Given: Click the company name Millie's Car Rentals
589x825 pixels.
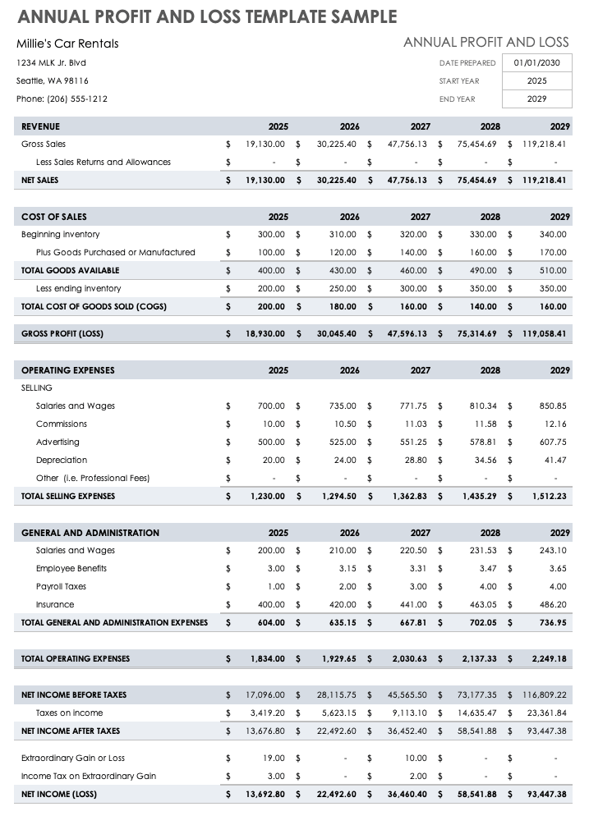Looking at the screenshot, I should pyautogui.click(x=67, y=44).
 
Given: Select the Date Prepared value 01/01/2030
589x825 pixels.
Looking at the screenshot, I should pyautogui.click(x=536, y=62).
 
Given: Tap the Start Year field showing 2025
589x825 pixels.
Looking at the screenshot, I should pyautogui.click(x=536, y=80).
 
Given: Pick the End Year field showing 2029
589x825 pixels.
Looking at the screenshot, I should pyautogui.click(x=536, y=99).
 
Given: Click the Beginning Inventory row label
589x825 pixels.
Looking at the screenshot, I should pyautogui.click(x=60, y=234).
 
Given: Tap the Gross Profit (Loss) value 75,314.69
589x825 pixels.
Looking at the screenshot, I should pyautogui.click(x=477, y=333).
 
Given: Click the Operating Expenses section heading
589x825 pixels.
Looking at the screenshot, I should pyautogui.click(x=67, y=370).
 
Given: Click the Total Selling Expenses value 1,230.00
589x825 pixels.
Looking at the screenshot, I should pyautogui.click(x=269, y=496).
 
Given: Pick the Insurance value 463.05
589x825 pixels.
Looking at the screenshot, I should pyautogui.click(x=483, y=604).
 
